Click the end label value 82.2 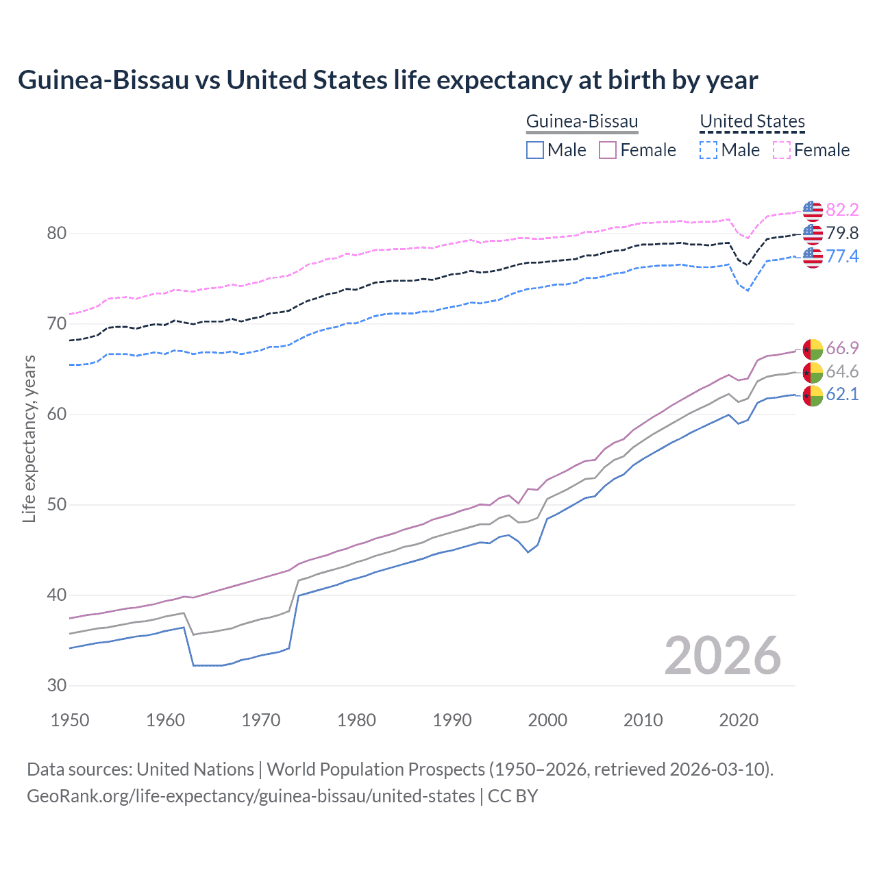tap(842, 210)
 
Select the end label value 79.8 tap(842, 233)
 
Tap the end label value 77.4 tap(842, 256)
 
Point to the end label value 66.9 tap(842, 348)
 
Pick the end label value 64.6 tap(842, 371)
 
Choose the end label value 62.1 tap(842, 394)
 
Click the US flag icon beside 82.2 tap(813, 210)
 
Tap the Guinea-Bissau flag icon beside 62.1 tap(813, 395)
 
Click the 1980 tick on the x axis tap(356, 720)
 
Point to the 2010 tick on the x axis tap(643, 720)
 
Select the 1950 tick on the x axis tap(70, 720)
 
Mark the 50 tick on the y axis tap(56, 505)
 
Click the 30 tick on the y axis tap(56, 685)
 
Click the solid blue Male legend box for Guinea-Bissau tap(535, 150)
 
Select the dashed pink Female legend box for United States tap(782, 150)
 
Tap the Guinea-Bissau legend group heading tap(582, 122)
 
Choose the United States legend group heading tap(752, 122)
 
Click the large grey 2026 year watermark tap(722, 656)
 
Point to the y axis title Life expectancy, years tap(29, 438)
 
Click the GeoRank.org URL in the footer tap(251, 796)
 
